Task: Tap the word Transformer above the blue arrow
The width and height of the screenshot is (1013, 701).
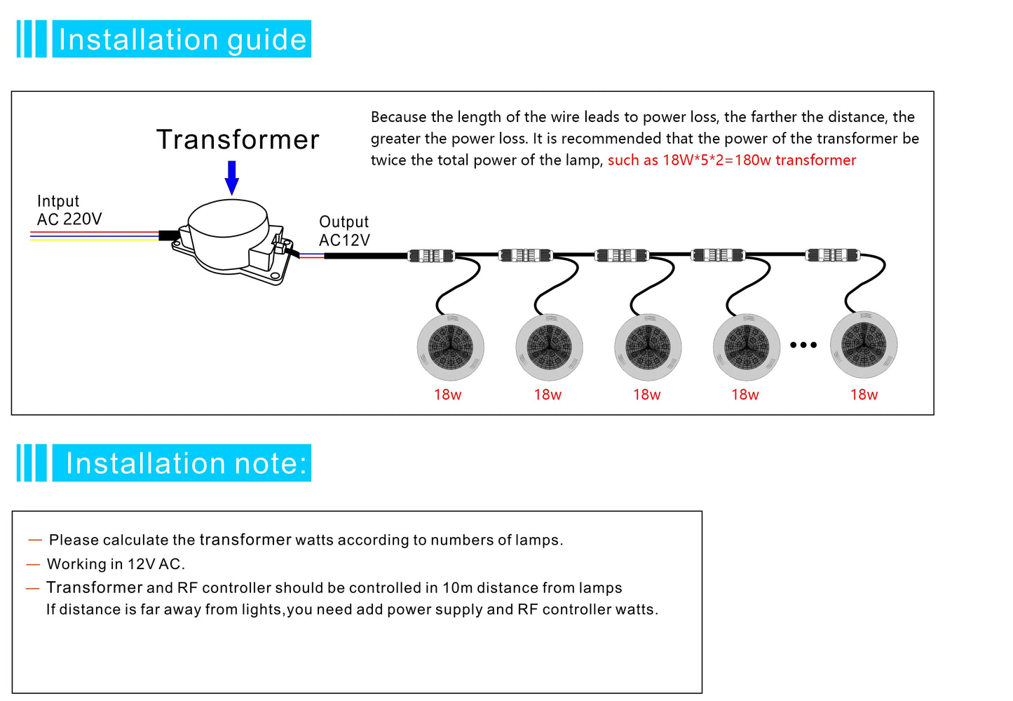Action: click(238, 140)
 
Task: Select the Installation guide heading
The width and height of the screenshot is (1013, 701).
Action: click(182, 39)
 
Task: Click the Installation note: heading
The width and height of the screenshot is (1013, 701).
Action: click(186, 463)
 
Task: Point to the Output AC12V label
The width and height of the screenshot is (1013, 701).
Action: click(344, 231)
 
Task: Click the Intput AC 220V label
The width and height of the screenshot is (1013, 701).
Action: click(69, 210)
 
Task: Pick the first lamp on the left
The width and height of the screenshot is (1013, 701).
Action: click(451, 347)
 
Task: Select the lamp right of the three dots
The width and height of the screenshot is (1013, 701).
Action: click(864, 345)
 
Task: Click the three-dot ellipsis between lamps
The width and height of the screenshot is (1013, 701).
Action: click(803, 345)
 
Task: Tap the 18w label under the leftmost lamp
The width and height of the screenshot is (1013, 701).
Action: click(448, 395)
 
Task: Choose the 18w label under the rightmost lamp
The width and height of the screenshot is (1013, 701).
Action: click(864, 395)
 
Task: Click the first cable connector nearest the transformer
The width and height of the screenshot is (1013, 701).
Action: click(431, 256)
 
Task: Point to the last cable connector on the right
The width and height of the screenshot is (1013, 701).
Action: click(832, 255)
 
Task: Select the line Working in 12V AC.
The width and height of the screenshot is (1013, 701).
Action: click(116, 564)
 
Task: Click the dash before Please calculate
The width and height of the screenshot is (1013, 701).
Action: click(35, 540)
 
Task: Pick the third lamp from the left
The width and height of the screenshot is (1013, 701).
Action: click(648, 347)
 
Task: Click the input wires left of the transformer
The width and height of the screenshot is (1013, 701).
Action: click(95, 236)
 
